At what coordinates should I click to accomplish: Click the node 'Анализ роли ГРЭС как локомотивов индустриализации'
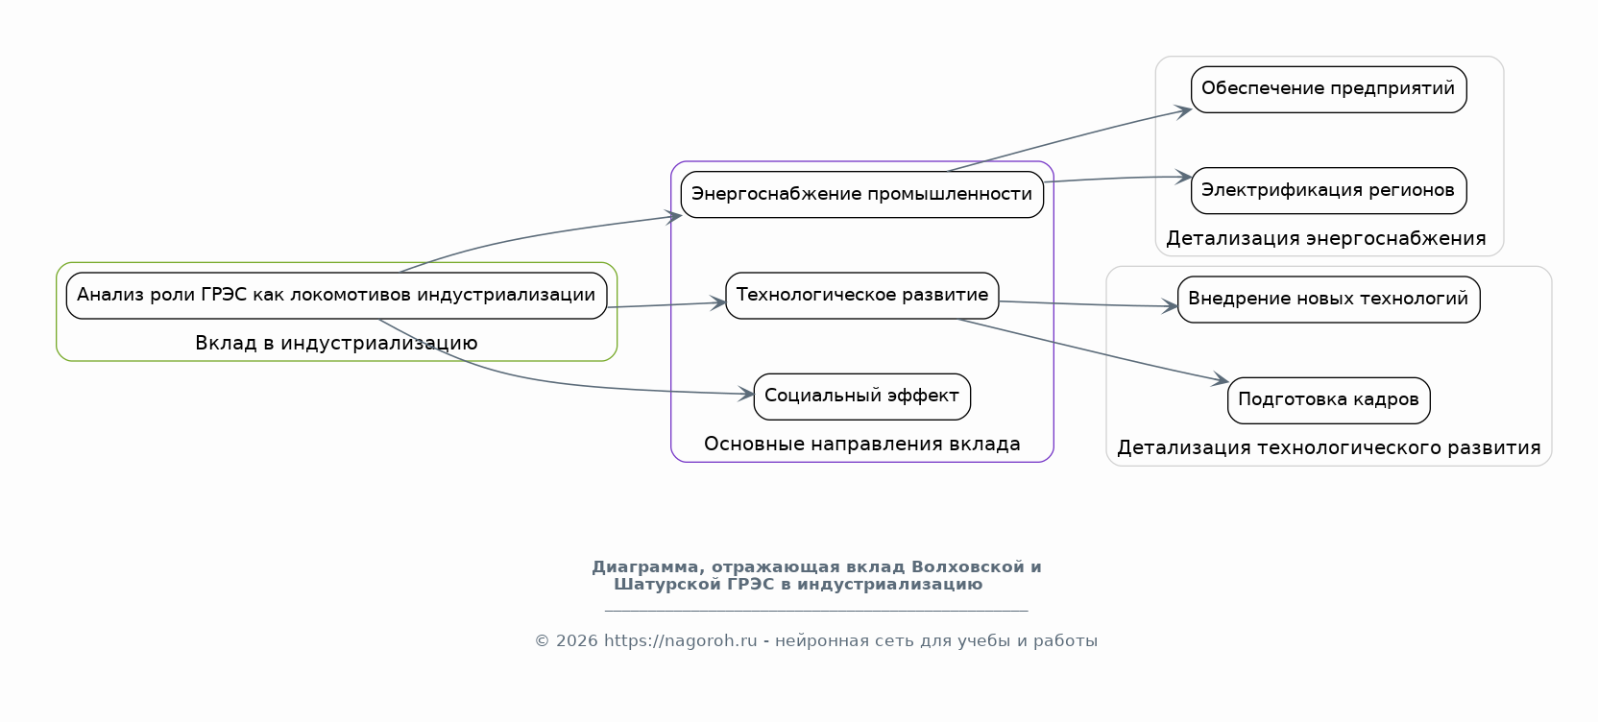pyautogui.click(x=337, y=296)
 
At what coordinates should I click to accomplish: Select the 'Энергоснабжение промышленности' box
pyautogui.click(x=861, y=194)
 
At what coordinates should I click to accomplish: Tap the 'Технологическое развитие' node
pyautogui.click(x=861, y=296)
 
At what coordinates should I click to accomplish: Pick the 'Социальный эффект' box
pyautogui.click(x=861, y=397)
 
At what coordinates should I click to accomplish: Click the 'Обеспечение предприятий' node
pyautogui.click(x=1328, y=89)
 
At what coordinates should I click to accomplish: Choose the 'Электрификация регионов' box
pyautogui.click(x=1328, y=190)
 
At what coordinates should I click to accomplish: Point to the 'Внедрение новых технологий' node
pyautogui.click(x=1328, y=300)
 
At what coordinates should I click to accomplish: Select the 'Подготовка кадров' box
pyautogui.click(x=1328, y=400)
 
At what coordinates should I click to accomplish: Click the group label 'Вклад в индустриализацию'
pyautogui.click(x=336, y=343)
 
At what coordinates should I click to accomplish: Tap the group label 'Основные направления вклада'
pyautogui.click(x=861, y=444)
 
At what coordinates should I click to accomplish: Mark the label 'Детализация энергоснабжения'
pyautogui.click(x=1325, y=238)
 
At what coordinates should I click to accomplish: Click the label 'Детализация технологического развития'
pyautogui.click(x=1328, y=448)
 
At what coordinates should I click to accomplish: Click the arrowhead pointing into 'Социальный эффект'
pyautogui.click(x=745, y=394)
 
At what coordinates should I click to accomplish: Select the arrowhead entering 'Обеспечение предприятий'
pyautogui.click(x=1183, y=111)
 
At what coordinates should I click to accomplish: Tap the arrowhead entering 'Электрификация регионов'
pyautogui.click(x=1183, y=177)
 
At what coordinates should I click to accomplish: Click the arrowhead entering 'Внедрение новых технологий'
pyautogui.click(x=1170, y=307)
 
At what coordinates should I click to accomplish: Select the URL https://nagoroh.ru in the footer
pyautogui.click(x=681, y=640)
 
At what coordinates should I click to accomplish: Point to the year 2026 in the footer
pyautogui.click(x=576, y=640)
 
